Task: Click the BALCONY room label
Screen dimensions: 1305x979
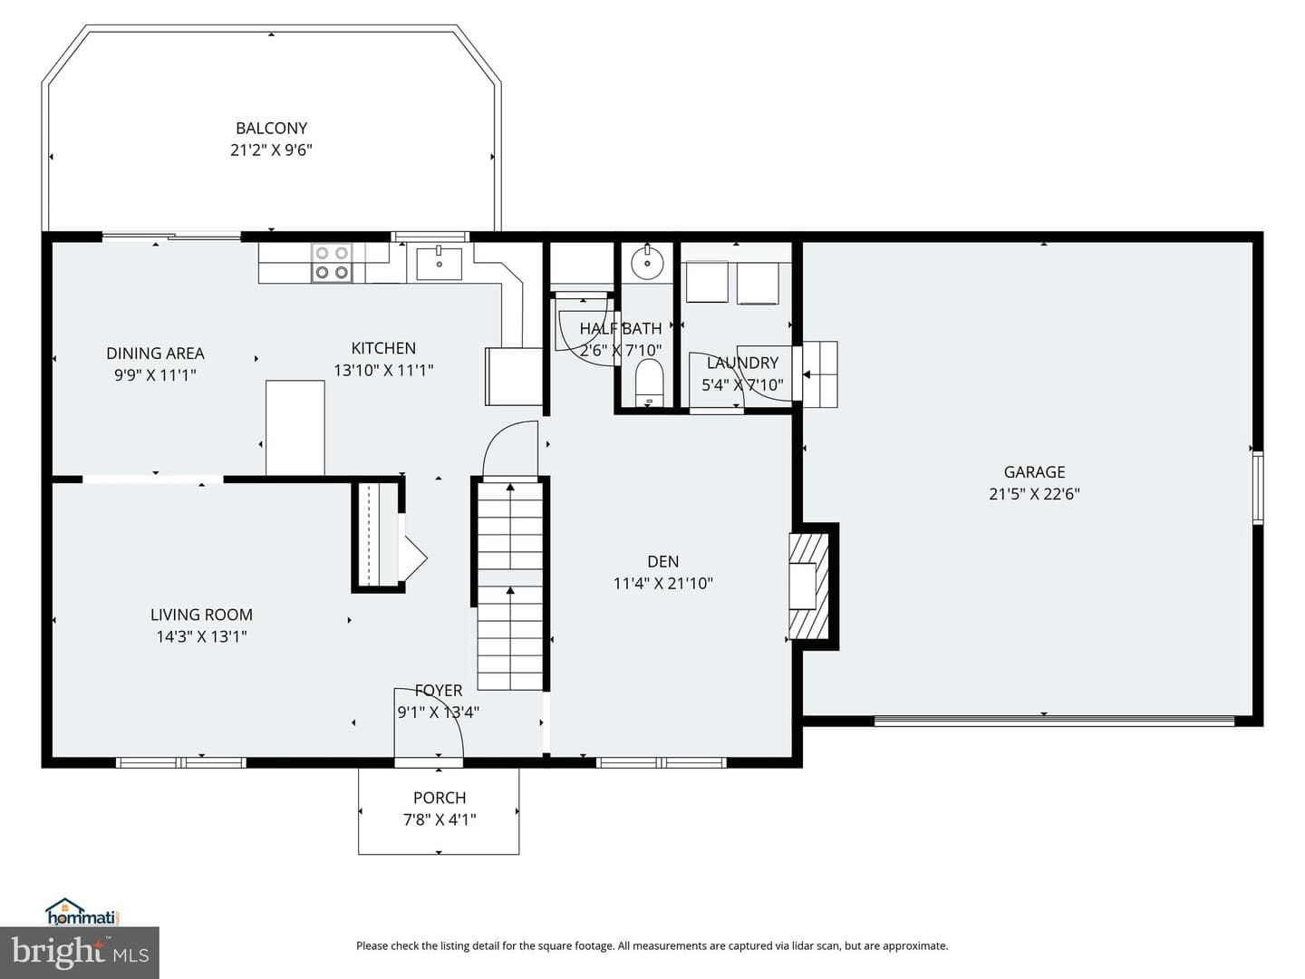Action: point(271,129)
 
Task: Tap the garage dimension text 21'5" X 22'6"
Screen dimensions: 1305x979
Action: point(1034,494)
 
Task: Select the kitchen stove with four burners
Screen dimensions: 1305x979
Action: point(332,263)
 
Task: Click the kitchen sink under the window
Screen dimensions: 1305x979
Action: point(439,263)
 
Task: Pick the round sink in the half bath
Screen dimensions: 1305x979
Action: point(647,262)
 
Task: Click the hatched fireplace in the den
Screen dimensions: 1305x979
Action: point(808,586)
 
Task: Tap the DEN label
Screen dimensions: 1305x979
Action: point(662,561)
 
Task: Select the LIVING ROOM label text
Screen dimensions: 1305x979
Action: point(201,615)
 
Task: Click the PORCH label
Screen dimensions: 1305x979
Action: point(440,798)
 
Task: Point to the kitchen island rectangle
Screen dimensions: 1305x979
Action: point(295,428)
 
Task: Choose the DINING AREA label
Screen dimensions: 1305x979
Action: point(155,354)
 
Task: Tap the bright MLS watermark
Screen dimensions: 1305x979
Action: point(80,952)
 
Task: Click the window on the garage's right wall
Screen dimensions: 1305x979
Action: point(1258,488)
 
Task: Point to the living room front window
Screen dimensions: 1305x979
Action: point(180,762)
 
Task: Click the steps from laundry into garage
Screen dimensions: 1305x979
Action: point(820,374)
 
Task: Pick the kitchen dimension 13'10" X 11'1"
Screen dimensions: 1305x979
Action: point(383,371)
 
